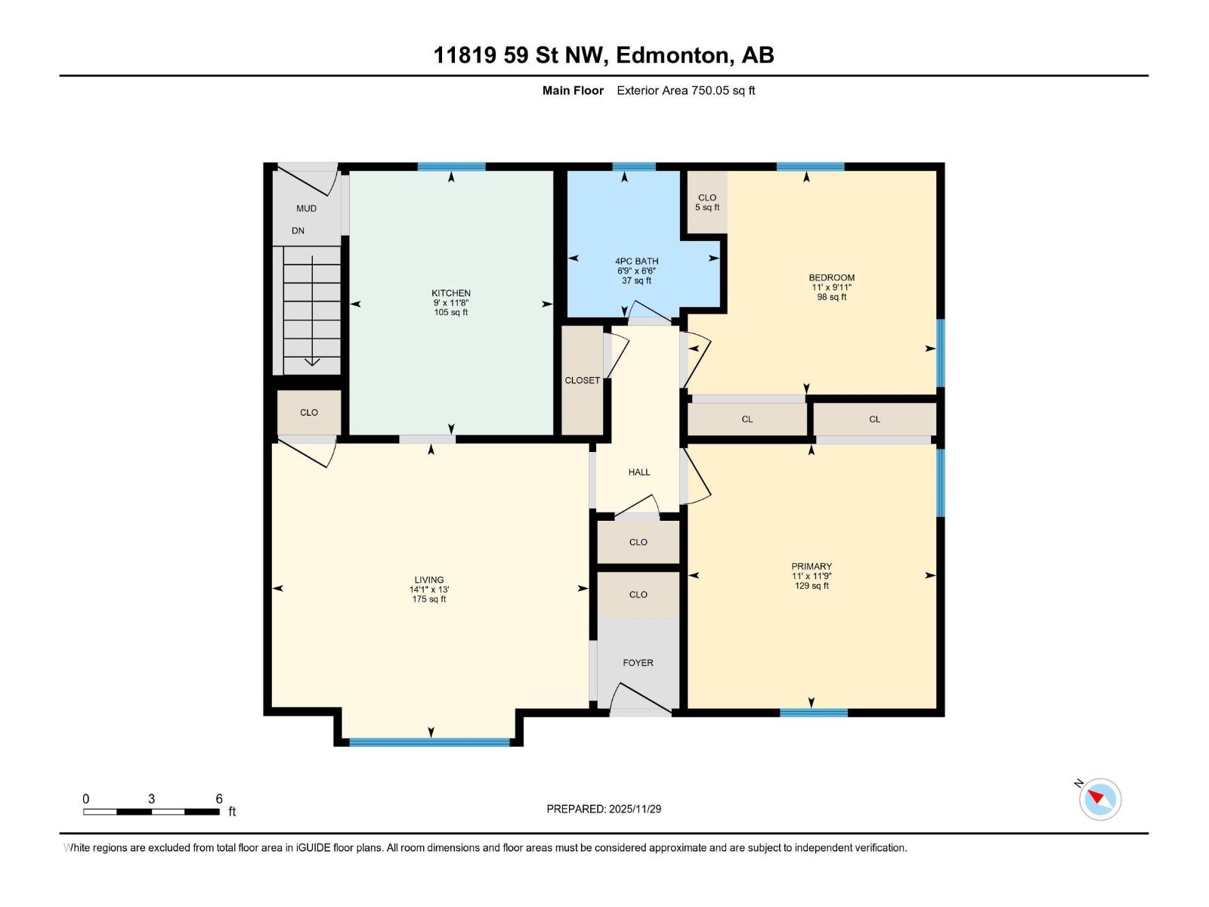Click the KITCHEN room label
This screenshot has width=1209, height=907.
[x=451, y=293]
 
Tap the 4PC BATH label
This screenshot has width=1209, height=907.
[x=636, y=262]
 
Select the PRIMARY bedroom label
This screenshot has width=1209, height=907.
[x=812, y=566]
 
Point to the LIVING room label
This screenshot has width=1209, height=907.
[x=428, y=580]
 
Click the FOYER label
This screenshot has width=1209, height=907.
[x=638, y=663]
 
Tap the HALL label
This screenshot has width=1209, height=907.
[x=639, y=472]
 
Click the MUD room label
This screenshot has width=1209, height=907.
[x=306, y=209]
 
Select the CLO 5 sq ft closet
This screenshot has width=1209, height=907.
[x=707, y=202]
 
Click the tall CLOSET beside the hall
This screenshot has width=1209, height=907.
[x=582, y=380]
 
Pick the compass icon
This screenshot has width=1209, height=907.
[x=1099, y=799]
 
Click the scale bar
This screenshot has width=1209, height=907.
[x=151, y=812]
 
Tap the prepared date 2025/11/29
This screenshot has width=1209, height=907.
[x=604, y=809]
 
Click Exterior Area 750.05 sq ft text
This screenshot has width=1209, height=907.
[x=685, y=91]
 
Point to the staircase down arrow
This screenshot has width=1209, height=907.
[x=312, y=361]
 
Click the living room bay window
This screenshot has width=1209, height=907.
[x=429, y=742]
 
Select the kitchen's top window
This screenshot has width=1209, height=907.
[x=451, y=167]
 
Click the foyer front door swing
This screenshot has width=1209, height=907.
[x=639, y=699]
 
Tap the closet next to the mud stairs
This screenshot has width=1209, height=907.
[x=309, y=413]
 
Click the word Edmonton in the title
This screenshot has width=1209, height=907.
[x=673, y=55]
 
